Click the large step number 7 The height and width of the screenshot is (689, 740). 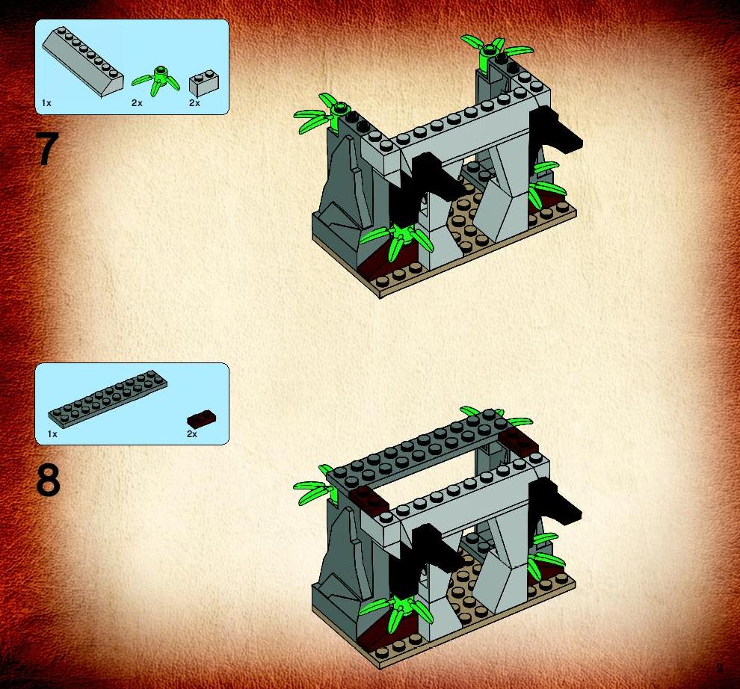[47, 149]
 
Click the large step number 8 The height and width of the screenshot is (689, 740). [48, 480]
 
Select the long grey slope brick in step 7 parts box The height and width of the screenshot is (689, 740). [82, 61]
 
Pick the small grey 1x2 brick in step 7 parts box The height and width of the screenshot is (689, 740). [204, 84]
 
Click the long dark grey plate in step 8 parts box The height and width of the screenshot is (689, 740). [108, 399]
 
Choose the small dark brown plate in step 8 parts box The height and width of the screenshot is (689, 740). [202, 418]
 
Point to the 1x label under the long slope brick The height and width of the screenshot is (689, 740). [46, 103]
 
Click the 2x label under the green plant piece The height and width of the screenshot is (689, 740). [137, 103]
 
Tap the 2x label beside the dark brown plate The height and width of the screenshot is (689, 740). [192, 434]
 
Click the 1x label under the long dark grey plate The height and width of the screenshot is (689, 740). [52, 434]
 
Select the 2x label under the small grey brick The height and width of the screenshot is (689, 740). [194, 103]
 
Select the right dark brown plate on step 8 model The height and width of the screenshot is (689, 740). [519, 440]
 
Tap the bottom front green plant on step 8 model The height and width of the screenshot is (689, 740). [396, 609]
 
